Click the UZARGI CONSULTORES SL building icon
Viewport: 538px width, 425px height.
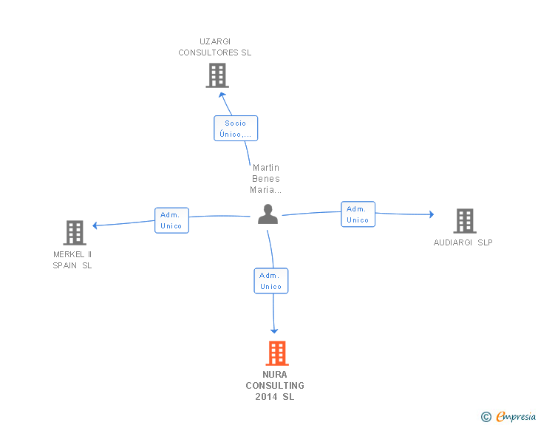tap(217, 75)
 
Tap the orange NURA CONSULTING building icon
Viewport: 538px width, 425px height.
tap(277, 353)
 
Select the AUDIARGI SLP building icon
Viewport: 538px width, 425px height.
tap(465, 221)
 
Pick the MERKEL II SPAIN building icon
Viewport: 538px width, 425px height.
tap(75, 233)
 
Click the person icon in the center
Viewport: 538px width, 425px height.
tap(268, 214)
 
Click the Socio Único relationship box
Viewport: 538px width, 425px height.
tap(236, 129)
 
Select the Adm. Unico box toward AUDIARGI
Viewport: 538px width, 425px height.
tap(358, 214)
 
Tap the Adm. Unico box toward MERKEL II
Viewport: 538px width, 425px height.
tap(171, 220)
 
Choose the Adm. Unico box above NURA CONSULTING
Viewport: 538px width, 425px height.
tap(271, 281)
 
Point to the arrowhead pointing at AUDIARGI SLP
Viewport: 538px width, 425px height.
tap(432, 214)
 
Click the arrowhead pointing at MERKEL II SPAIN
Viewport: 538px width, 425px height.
tap(95, 225)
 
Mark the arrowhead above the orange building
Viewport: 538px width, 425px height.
tap(274, 331)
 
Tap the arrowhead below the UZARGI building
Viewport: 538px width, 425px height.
tap(222, 95)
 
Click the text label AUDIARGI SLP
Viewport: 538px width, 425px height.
tap(463, 242)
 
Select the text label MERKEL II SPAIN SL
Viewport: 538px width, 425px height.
tap(72, 260)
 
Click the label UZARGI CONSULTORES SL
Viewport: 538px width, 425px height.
tap(215, 47)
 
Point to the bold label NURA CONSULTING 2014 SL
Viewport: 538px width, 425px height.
tap(275, 386)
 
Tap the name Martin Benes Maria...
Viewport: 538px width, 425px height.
tap(265, 179)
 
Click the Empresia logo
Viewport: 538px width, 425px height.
tap(516, 416)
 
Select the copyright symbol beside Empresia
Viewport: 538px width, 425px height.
tap(486, 417)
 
